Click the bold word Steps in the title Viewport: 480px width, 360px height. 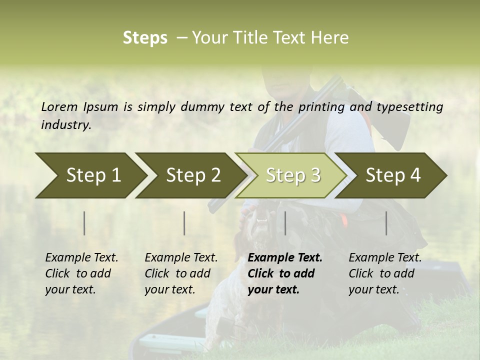point(145,38)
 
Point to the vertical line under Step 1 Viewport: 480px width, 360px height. point(84,223)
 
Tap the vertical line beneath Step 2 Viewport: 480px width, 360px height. point(184,223)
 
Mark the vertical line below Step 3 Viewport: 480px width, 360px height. point(285,223)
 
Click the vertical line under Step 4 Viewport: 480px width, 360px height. point(386,223)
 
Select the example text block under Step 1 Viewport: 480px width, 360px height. point(81,273)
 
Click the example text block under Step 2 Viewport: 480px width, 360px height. point(181,273)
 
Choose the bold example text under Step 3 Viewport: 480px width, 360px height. point(285,273)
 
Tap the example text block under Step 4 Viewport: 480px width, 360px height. point(385,273)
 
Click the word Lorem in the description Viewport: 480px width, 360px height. point(59,107)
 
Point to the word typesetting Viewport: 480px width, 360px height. point(409,107)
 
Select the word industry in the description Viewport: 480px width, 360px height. point(66,125)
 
